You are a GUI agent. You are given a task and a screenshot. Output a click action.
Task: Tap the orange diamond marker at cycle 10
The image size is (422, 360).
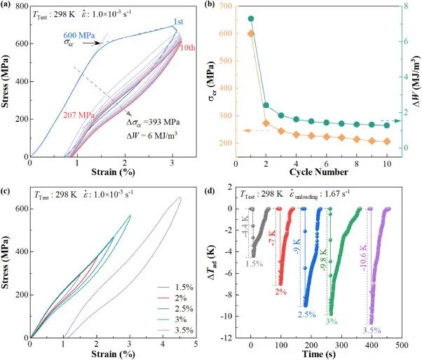click(x=387, y=141)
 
